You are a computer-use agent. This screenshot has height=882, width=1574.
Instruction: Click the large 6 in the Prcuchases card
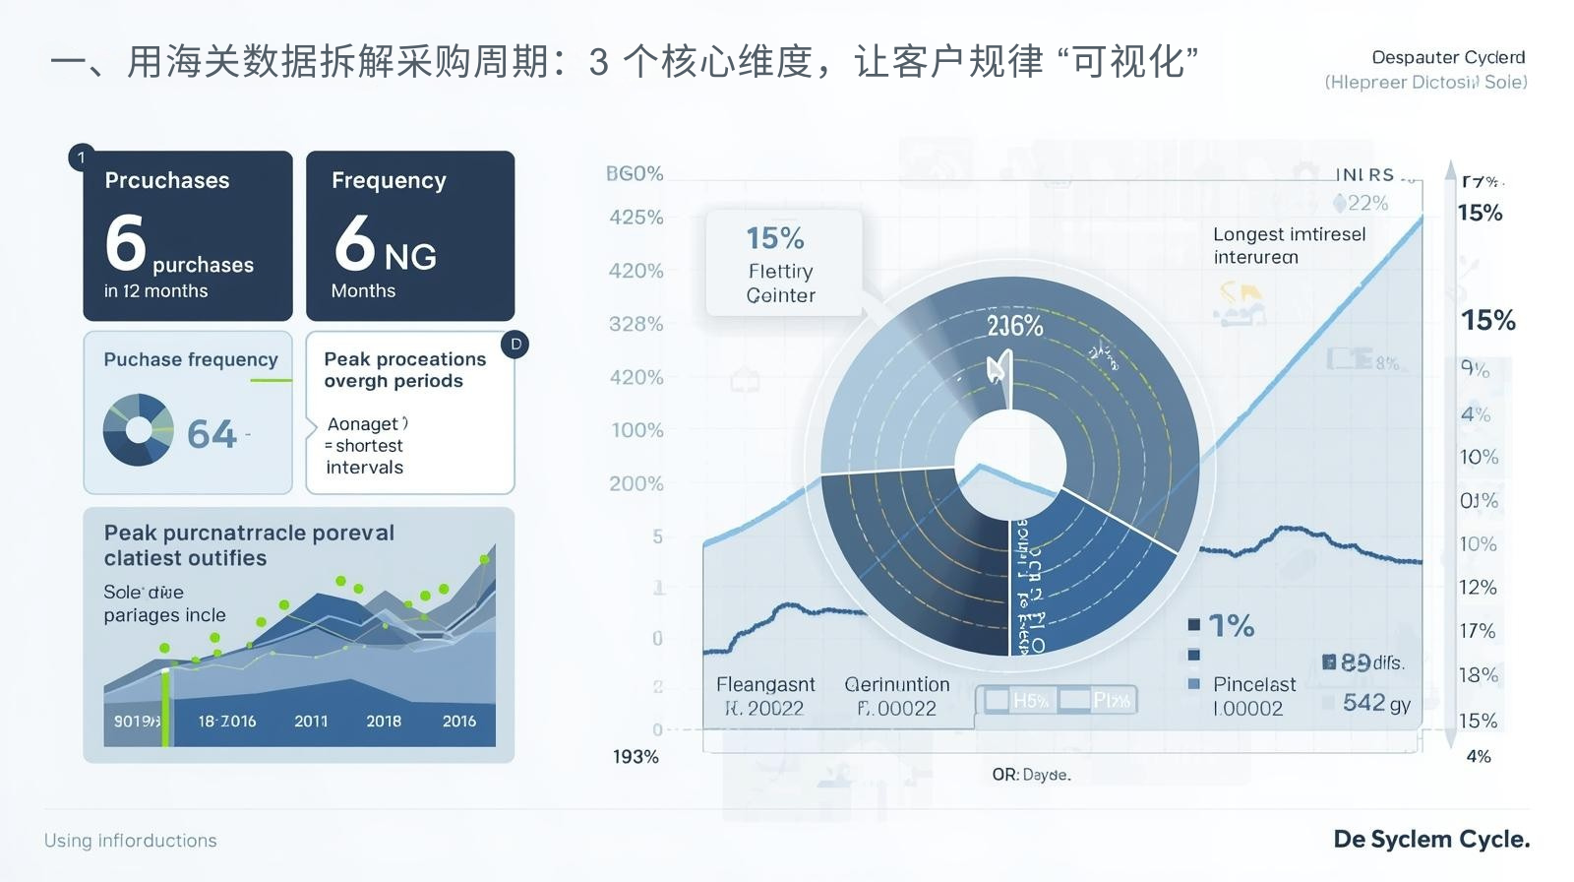(126, 242)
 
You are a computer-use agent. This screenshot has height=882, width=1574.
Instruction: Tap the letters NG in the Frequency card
(410, 257)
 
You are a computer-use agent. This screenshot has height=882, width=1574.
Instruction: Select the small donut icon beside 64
(138, 429)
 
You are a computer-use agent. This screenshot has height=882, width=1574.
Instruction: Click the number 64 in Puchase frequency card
(212, 434)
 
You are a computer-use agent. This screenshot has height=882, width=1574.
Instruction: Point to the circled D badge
(515, 345)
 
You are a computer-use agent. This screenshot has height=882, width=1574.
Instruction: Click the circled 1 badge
(82, 157)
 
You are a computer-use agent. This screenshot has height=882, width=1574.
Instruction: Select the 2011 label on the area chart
(311, 722)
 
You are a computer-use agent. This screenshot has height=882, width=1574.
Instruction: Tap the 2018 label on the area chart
(384, 722)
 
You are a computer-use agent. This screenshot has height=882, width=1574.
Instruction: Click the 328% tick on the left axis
(636, 324)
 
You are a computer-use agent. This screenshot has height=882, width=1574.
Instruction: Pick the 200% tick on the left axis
(636, 483)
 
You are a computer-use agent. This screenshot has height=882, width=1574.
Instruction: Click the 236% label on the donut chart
(1015, 326)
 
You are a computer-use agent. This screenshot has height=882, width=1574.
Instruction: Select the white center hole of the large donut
(1010, 464)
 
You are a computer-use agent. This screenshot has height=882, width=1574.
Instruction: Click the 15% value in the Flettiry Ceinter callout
(775, 238)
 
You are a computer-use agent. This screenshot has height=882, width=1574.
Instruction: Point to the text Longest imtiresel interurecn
(1289, 245)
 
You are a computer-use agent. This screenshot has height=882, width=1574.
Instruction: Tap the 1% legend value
(1231, 625)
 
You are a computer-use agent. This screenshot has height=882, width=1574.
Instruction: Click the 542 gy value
(1376, 703)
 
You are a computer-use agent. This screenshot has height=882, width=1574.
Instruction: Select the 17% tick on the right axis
(1477, 631)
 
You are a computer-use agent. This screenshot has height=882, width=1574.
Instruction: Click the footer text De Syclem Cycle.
(1431, 840)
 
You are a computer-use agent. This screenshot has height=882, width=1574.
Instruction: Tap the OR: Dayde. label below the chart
(1031, 775)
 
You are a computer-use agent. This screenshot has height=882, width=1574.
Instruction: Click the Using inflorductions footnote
(131, 841)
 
